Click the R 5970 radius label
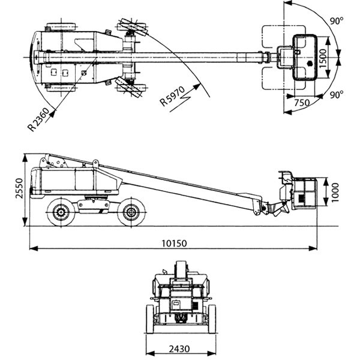click(172, 97)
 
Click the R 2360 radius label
click(38, 120)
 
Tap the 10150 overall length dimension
click(175, 244)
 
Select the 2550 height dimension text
click(19, 188)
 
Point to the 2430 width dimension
click(179, 349)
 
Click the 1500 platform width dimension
click(323, 58)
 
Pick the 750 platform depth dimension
click(302, 103)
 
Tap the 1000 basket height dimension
click(335, 193)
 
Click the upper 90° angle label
click(337, 21)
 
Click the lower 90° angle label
click(337, 94)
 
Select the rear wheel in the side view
click(61, 212)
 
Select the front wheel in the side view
click(131, 212)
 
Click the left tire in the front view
click(150, 319)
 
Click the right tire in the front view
click(212, 319)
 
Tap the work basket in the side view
click(304, 193)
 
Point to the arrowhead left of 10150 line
click(34, 248)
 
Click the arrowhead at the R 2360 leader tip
click(53, 113)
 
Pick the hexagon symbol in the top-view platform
click(309, 64)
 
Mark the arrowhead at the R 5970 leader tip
click(197, 87)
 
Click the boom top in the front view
click(181, 269)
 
